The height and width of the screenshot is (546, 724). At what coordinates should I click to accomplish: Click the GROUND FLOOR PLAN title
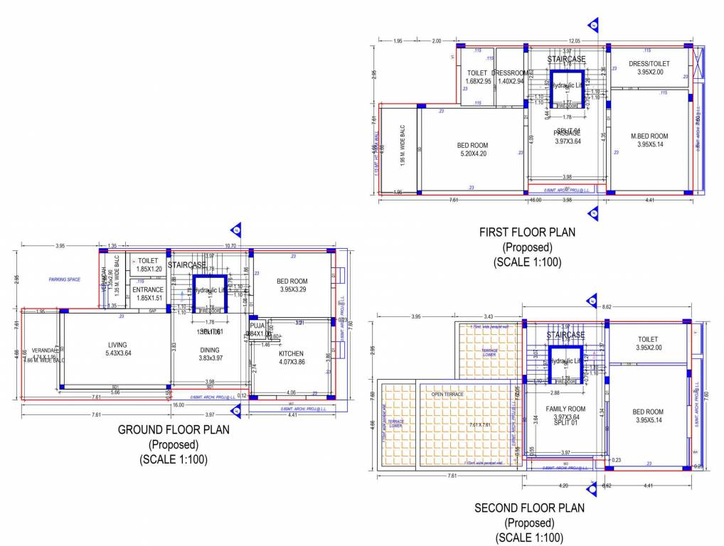(174, 429)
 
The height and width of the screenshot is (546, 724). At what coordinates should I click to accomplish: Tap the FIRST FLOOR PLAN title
(527, 232)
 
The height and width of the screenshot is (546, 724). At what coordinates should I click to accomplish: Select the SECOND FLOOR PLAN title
(529, 508)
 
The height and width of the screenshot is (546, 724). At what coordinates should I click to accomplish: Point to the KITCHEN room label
(291, 353)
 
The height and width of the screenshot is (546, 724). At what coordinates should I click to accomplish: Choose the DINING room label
(210, 350)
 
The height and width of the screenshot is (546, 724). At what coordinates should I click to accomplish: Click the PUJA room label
(257, 326)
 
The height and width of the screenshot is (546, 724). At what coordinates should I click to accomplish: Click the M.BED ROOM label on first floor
(649, 136)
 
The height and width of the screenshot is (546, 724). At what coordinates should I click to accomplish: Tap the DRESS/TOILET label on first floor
(649, 64)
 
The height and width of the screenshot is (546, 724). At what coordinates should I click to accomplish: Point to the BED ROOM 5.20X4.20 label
(473, 145)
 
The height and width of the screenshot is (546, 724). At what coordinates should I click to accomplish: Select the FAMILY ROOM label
(565, 409)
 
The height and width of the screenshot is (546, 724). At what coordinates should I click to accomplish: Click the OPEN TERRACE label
(447, 394)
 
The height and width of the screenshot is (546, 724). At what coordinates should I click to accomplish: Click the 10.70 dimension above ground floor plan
(230, 245)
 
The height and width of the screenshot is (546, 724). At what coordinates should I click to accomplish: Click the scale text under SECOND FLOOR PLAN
(529, 537)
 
